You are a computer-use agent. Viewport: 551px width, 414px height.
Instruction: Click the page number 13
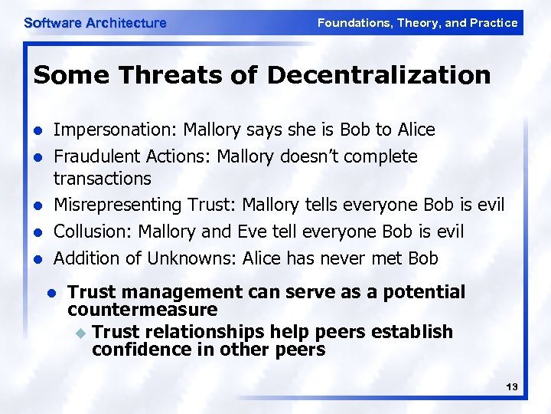[512, 388]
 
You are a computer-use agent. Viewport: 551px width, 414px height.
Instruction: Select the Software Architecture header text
[95, 23]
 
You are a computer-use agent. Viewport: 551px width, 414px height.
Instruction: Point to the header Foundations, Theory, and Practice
[417, 23]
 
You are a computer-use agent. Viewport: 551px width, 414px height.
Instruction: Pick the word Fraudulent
[94, 156]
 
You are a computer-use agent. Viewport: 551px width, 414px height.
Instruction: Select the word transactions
[102, 179]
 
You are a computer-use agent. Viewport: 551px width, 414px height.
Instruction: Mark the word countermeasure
[142, 310]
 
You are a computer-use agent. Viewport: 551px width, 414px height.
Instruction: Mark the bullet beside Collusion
[36, 232]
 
